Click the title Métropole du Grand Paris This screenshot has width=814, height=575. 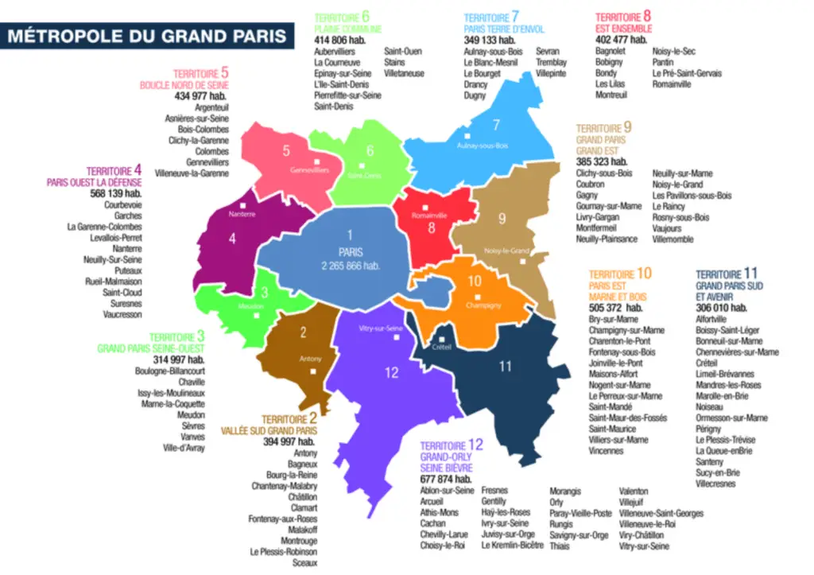tap(148, 36)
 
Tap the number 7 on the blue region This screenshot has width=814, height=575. tap(496, 124)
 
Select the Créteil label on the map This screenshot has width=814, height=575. tap(442, 348)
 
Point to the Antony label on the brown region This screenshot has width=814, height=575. tap(310, 359)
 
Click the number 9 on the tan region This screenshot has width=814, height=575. tap(502, 219)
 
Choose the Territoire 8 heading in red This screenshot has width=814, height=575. tap(623, 16)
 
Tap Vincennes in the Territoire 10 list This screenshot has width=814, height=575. tap(606, 451)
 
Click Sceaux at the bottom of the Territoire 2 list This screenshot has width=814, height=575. tap(304, 562)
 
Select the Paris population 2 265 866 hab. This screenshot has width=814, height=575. tap(350, 265)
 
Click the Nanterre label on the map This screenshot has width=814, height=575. tap(242, 215)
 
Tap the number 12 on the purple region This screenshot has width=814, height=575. tap(391, 372)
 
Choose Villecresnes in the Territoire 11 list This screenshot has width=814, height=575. tap(716, 484)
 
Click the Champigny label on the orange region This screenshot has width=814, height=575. tap(483, 305)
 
